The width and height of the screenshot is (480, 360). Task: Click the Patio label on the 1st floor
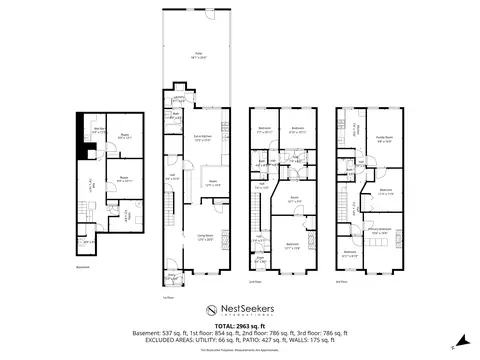pos(195,56)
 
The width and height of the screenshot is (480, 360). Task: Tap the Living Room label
pos(206,238)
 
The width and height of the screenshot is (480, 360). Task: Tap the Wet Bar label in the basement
pos(101,131)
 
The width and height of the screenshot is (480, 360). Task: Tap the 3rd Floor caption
pos(342,283)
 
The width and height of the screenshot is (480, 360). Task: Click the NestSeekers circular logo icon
pos(211,311)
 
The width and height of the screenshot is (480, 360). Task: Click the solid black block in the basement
pos(88,151)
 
